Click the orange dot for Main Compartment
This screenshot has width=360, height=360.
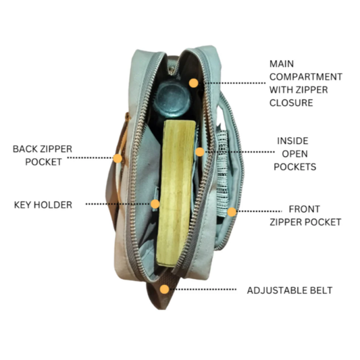(194, 83)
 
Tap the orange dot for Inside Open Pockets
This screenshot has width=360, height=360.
(200, 152)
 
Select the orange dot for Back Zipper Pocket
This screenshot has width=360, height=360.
(118, 159)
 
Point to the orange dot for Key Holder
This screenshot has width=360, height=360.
(155, 204)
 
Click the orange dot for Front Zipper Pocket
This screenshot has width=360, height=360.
(232, 211)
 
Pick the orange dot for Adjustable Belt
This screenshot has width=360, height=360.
(164, 289)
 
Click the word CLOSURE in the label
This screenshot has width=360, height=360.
(291, 103)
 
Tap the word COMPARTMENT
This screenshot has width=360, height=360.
(306, 77)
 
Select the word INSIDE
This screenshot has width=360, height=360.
(292, 141)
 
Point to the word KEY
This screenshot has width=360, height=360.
(22, 205)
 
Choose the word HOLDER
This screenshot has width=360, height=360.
(53, 205)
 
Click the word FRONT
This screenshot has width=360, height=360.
(304, 209)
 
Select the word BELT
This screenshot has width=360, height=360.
(322, 290)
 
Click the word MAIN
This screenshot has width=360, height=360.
(282, 63)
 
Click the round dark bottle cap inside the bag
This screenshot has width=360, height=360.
(173, 98)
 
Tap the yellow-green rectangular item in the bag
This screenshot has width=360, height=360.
(176, 193)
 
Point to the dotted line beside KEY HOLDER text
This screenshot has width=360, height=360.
(118, 204)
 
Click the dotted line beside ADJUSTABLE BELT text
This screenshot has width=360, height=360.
(203, 289)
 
